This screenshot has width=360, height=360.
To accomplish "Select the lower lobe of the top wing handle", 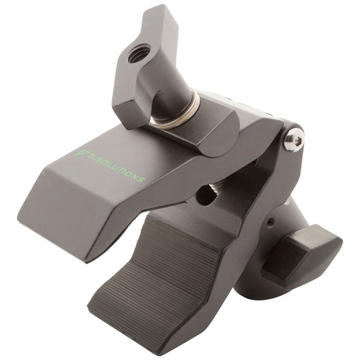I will [x=129, y=111].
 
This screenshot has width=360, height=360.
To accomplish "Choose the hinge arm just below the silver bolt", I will [x=282, y=174].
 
